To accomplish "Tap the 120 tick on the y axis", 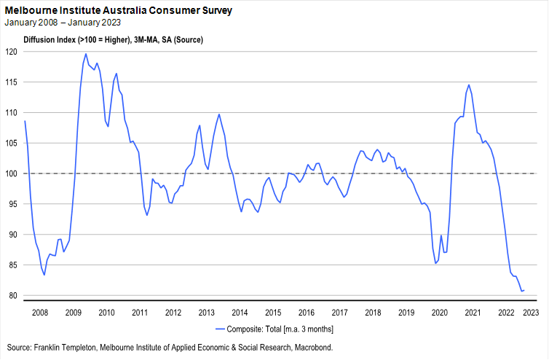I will [12, 52].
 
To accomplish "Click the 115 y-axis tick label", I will [12, 82].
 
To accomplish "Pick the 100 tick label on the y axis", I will [12, 173].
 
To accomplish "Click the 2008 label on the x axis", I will [39, 313].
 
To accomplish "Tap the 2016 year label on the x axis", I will [307, 313].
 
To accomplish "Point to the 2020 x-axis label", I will [440, 313].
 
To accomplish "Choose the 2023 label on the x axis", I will [531, 313].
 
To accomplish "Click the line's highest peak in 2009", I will [86, 53].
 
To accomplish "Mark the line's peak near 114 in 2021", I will [468, 85].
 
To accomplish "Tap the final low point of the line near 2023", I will [522, 291].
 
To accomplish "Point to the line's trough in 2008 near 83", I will [44, 275].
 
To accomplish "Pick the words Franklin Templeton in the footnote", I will [71, 347].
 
